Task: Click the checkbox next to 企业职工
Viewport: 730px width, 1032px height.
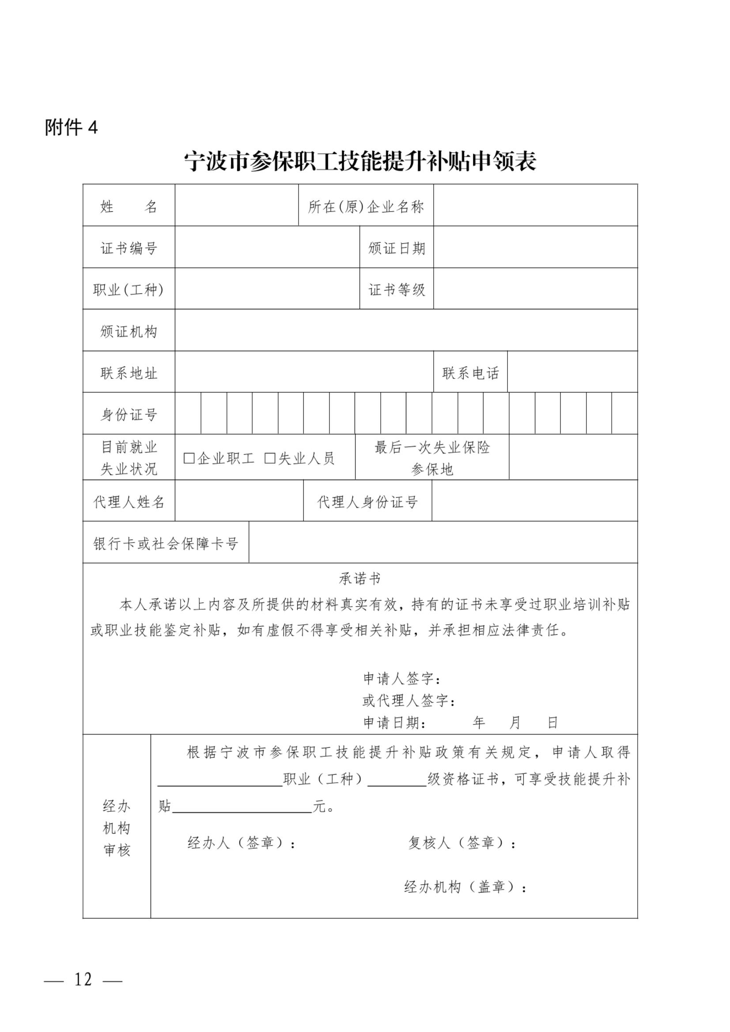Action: click(x=189, y=458)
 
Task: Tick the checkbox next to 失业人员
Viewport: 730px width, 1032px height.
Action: click(x=270, y=458)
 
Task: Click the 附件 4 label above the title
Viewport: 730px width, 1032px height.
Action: click(x=71, y=128)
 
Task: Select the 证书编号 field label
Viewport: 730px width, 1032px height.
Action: click(x=129, y=248)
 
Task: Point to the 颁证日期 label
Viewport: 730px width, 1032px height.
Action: click(x=397, y=248)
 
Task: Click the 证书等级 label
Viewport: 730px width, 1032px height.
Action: click(x=397, y=290)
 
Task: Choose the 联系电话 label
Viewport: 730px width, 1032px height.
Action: click(x=470, y=373)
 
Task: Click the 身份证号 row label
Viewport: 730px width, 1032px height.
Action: click(x=129, y=414)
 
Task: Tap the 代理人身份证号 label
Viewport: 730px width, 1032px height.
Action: click(x=367, y=502)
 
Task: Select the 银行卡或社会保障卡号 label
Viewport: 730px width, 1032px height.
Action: click(x=166, y=544)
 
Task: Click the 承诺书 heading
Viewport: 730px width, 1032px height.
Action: click(x=360, y=579)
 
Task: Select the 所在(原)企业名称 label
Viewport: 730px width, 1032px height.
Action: click(x=366, y=207)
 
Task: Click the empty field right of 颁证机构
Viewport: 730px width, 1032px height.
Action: click(x=406, y=331)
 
